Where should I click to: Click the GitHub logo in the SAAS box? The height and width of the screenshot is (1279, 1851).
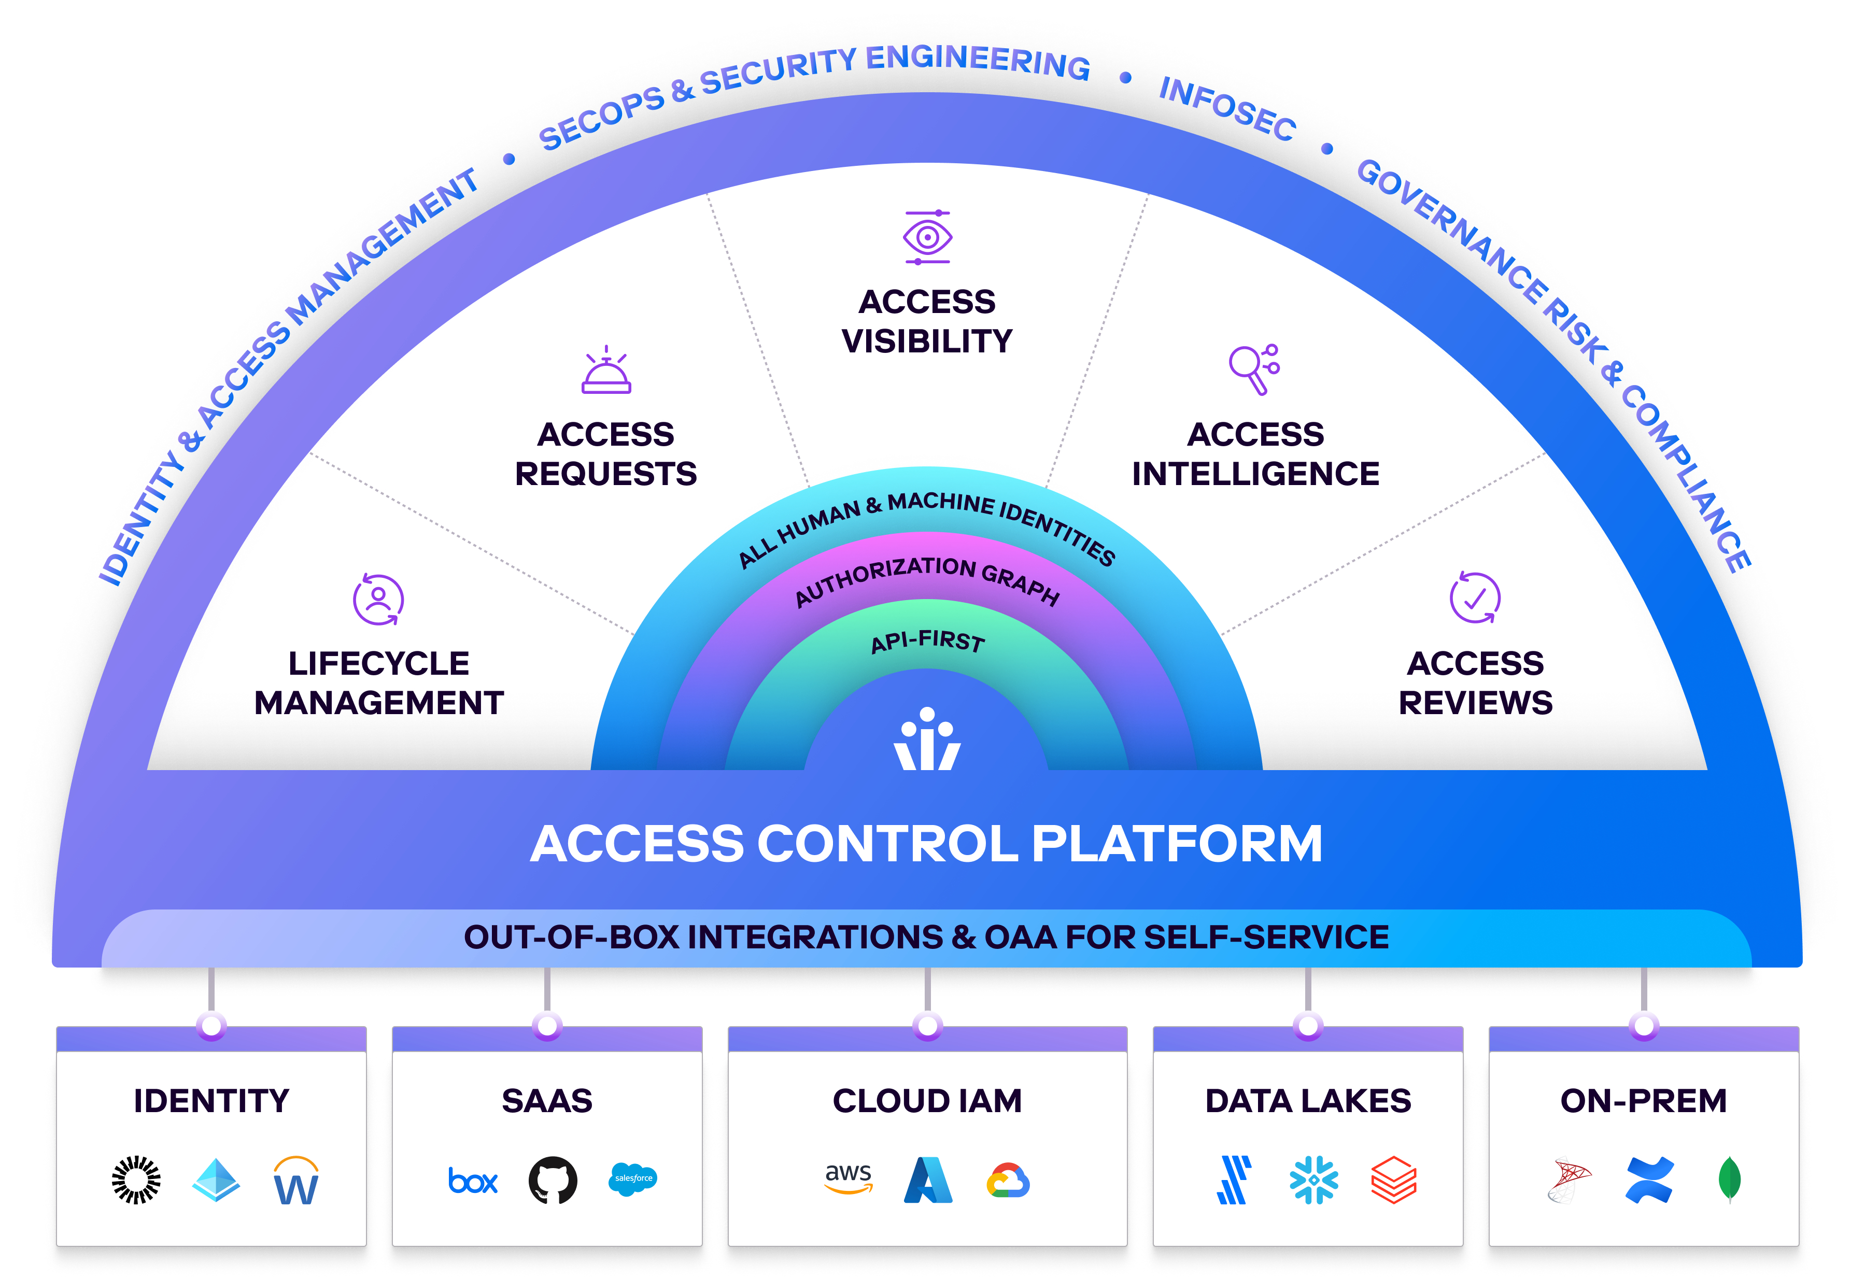pyautogui.click(x=552, y=1179)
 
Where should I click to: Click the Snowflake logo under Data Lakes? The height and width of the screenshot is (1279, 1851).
pyautogui.click(x=1313, y=1179)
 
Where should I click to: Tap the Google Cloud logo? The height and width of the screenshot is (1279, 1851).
pyautogui.click(x=1007, y=1179)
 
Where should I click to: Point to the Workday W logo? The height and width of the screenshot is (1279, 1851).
pyautogui.click(x=295, y=1181)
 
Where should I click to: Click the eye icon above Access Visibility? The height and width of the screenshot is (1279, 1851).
pyautogui.click(x=927, y=237)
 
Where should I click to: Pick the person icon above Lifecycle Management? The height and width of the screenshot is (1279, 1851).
pyautogui.click(x=378, y=599)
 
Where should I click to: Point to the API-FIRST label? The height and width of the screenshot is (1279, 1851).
pyautogui.click(x=927, y=641)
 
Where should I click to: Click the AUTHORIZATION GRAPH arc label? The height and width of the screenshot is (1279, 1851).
pyautogui.click(x=927, y=578)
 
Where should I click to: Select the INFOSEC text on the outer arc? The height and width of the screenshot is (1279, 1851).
pyautogui.click(x=1227, y=109)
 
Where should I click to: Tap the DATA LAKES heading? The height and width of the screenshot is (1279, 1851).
pyautogui.click(x=1308, y=1100)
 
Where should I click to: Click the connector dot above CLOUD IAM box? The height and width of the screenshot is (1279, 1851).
pyautogui.click(x=927, y=1026)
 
